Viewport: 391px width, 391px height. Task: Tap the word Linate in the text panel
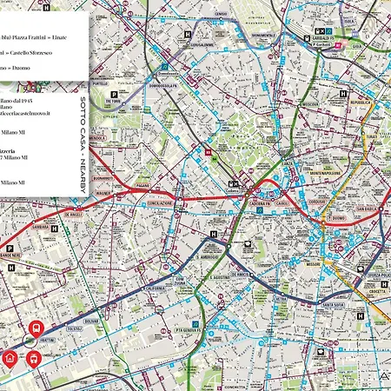pyautogui.click(x=77, y=36)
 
